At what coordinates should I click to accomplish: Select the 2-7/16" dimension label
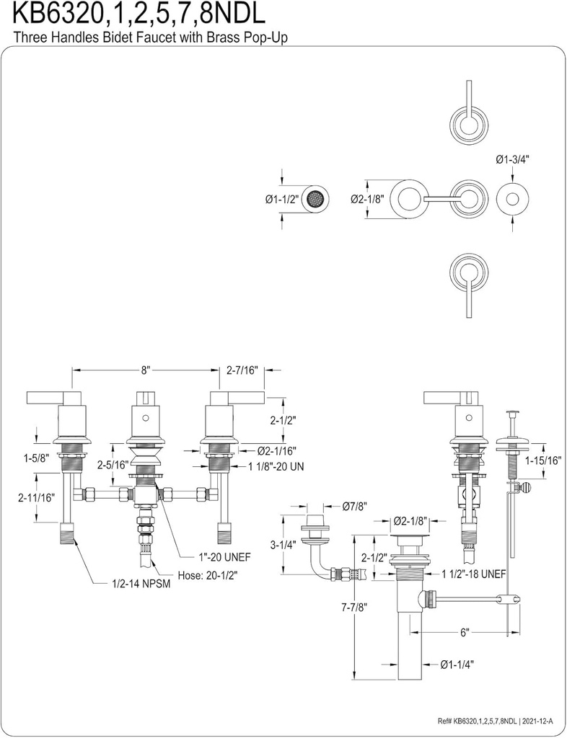(242, 370)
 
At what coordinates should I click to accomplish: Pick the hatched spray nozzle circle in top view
(315, 199)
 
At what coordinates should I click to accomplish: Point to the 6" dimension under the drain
(465, 632)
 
